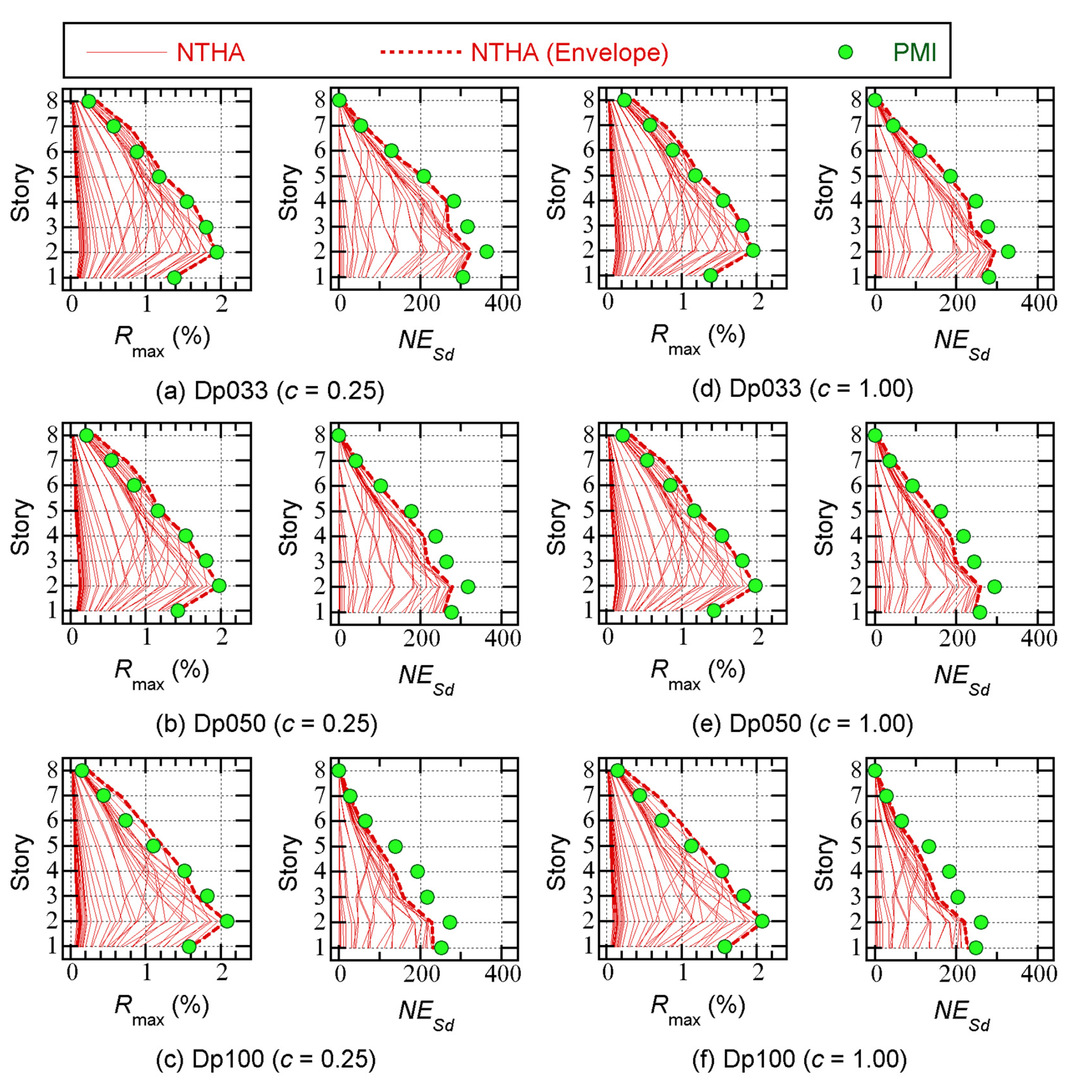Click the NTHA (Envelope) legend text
coord(569,53)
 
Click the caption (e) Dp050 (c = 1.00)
coord(802,724)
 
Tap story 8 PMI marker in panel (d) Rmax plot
coord(624,100)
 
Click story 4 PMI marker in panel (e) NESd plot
coord(963,536)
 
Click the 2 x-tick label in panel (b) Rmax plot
coord(221,638)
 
